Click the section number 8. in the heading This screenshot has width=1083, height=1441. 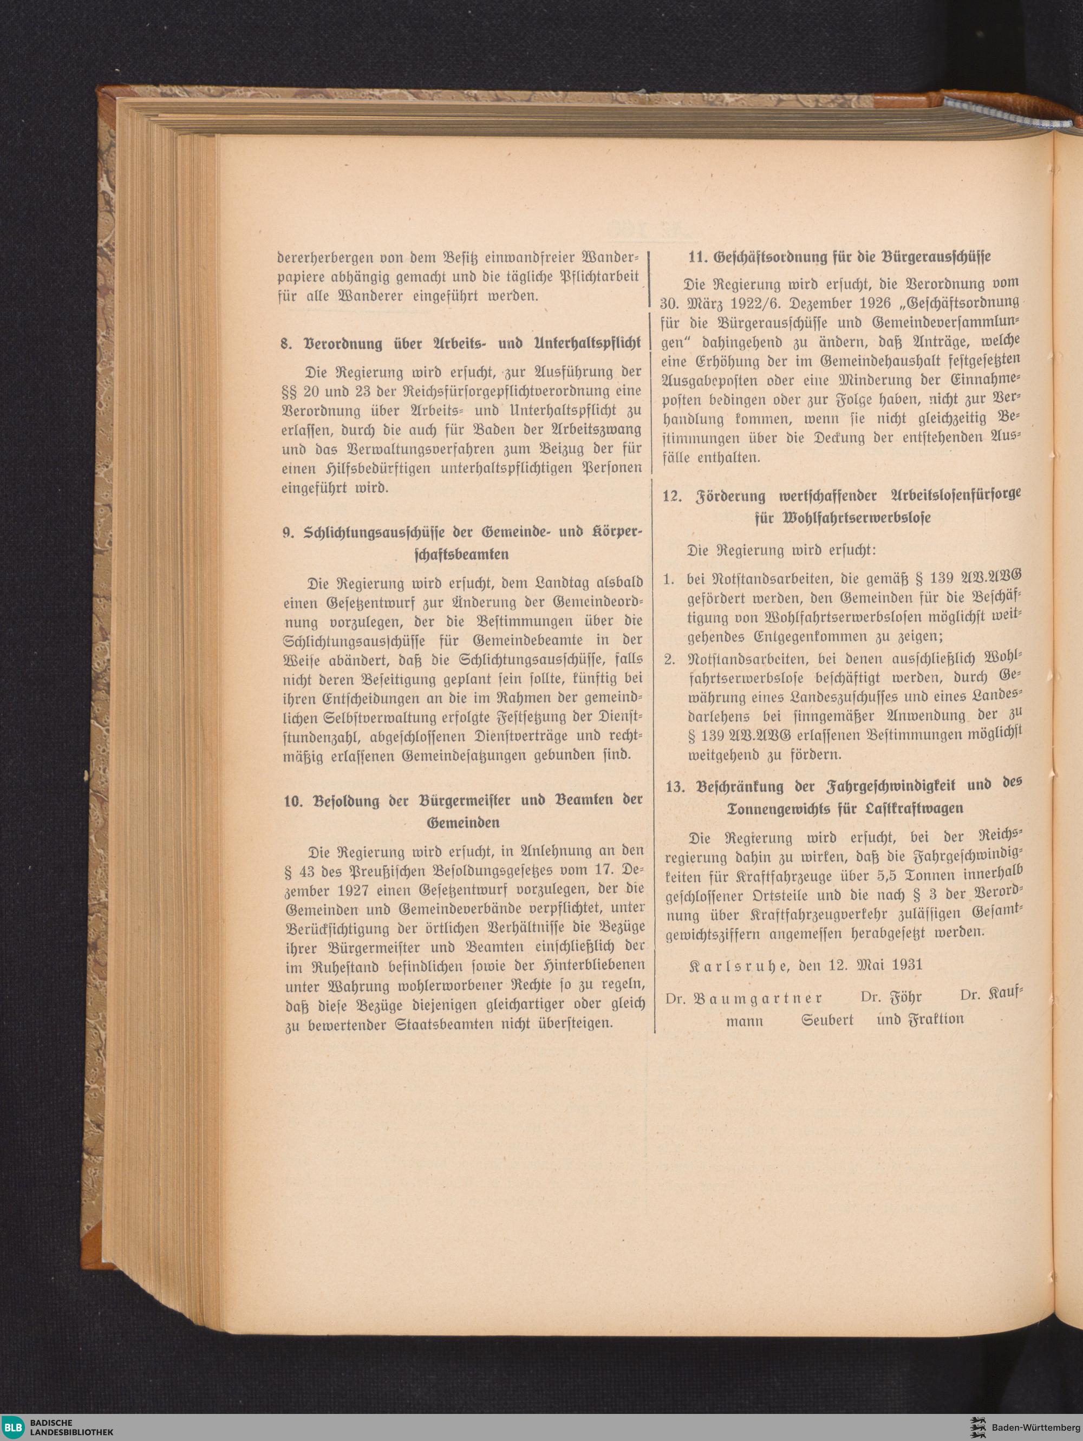point(285,344)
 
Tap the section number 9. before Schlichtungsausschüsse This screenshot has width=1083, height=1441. point(289,532)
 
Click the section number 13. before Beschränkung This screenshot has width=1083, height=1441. point(675,786)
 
